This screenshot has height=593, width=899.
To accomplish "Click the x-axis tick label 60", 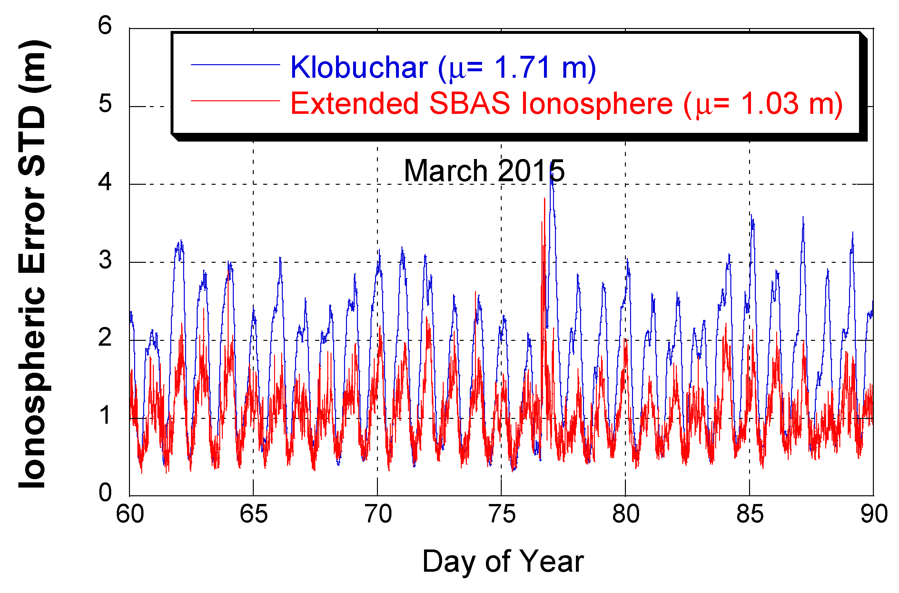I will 130,514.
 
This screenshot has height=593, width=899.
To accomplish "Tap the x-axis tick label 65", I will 254,514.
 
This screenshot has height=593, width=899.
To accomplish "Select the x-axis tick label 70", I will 378,514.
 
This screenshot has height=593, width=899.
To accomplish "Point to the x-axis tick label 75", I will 502,514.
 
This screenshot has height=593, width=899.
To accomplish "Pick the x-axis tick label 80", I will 626,514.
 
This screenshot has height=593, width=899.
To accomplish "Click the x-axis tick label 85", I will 750,514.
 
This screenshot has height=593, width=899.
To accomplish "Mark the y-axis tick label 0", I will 105,493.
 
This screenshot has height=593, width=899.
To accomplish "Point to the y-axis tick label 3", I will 105,260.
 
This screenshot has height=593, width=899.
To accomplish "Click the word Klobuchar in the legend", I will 359,67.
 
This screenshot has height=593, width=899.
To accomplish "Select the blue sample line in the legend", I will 235,65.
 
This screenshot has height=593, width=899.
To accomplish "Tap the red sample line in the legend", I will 235,101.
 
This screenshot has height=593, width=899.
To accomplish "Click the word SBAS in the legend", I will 470,103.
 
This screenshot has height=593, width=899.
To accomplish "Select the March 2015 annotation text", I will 484,171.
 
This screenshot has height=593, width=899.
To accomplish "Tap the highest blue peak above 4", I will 552,166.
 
